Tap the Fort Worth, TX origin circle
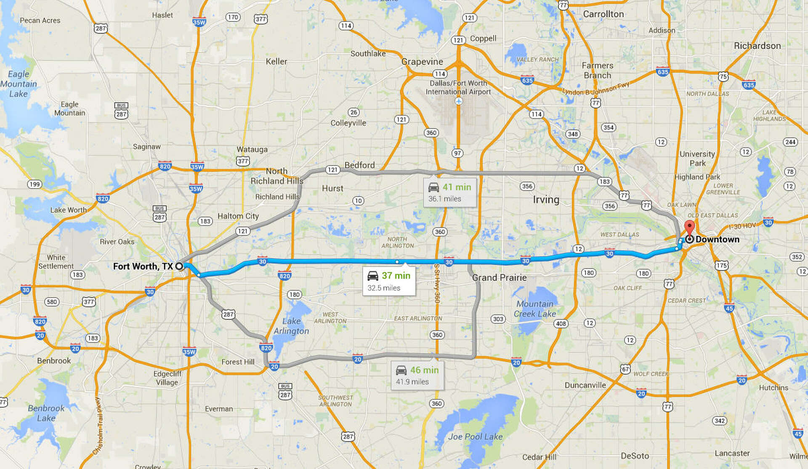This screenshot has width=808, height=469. click(179, 266)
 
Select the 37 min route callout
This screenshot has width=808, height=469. click(389, 281)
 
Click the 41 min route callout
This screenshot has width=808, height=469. click(450, 192)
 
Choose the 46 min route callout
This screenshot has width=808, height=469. click(417, 375)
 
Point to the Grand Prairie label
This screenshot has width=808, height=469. click(499, 277)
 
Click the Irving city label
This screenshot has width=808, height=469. click(546, 200)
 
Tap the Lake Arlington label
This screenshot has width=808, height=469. click(291, 326)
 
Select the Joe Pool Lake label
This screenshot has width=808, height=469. click(475, 437)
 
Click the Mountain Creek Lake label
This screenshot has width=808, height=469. click(535, 309)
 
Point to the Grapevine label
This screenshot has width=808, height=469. click(422, 62)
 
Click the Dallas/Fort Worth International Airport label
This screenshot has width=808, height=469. click(458, 87)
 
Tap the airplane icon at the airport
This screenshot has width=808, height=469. click(459, 101)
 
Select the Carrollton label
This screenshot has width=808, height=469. click(603, 14)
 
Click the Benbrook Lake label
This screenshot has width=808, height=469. click(46, 413)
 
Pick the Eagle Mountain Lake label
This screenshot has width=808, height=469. click(19, 84)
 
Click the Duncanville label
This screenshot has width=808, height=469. click(585, 385)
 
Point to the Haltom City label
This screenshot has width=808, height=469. click(238, 216)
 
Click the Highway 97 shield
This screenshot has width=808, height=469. click(457, 153)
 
